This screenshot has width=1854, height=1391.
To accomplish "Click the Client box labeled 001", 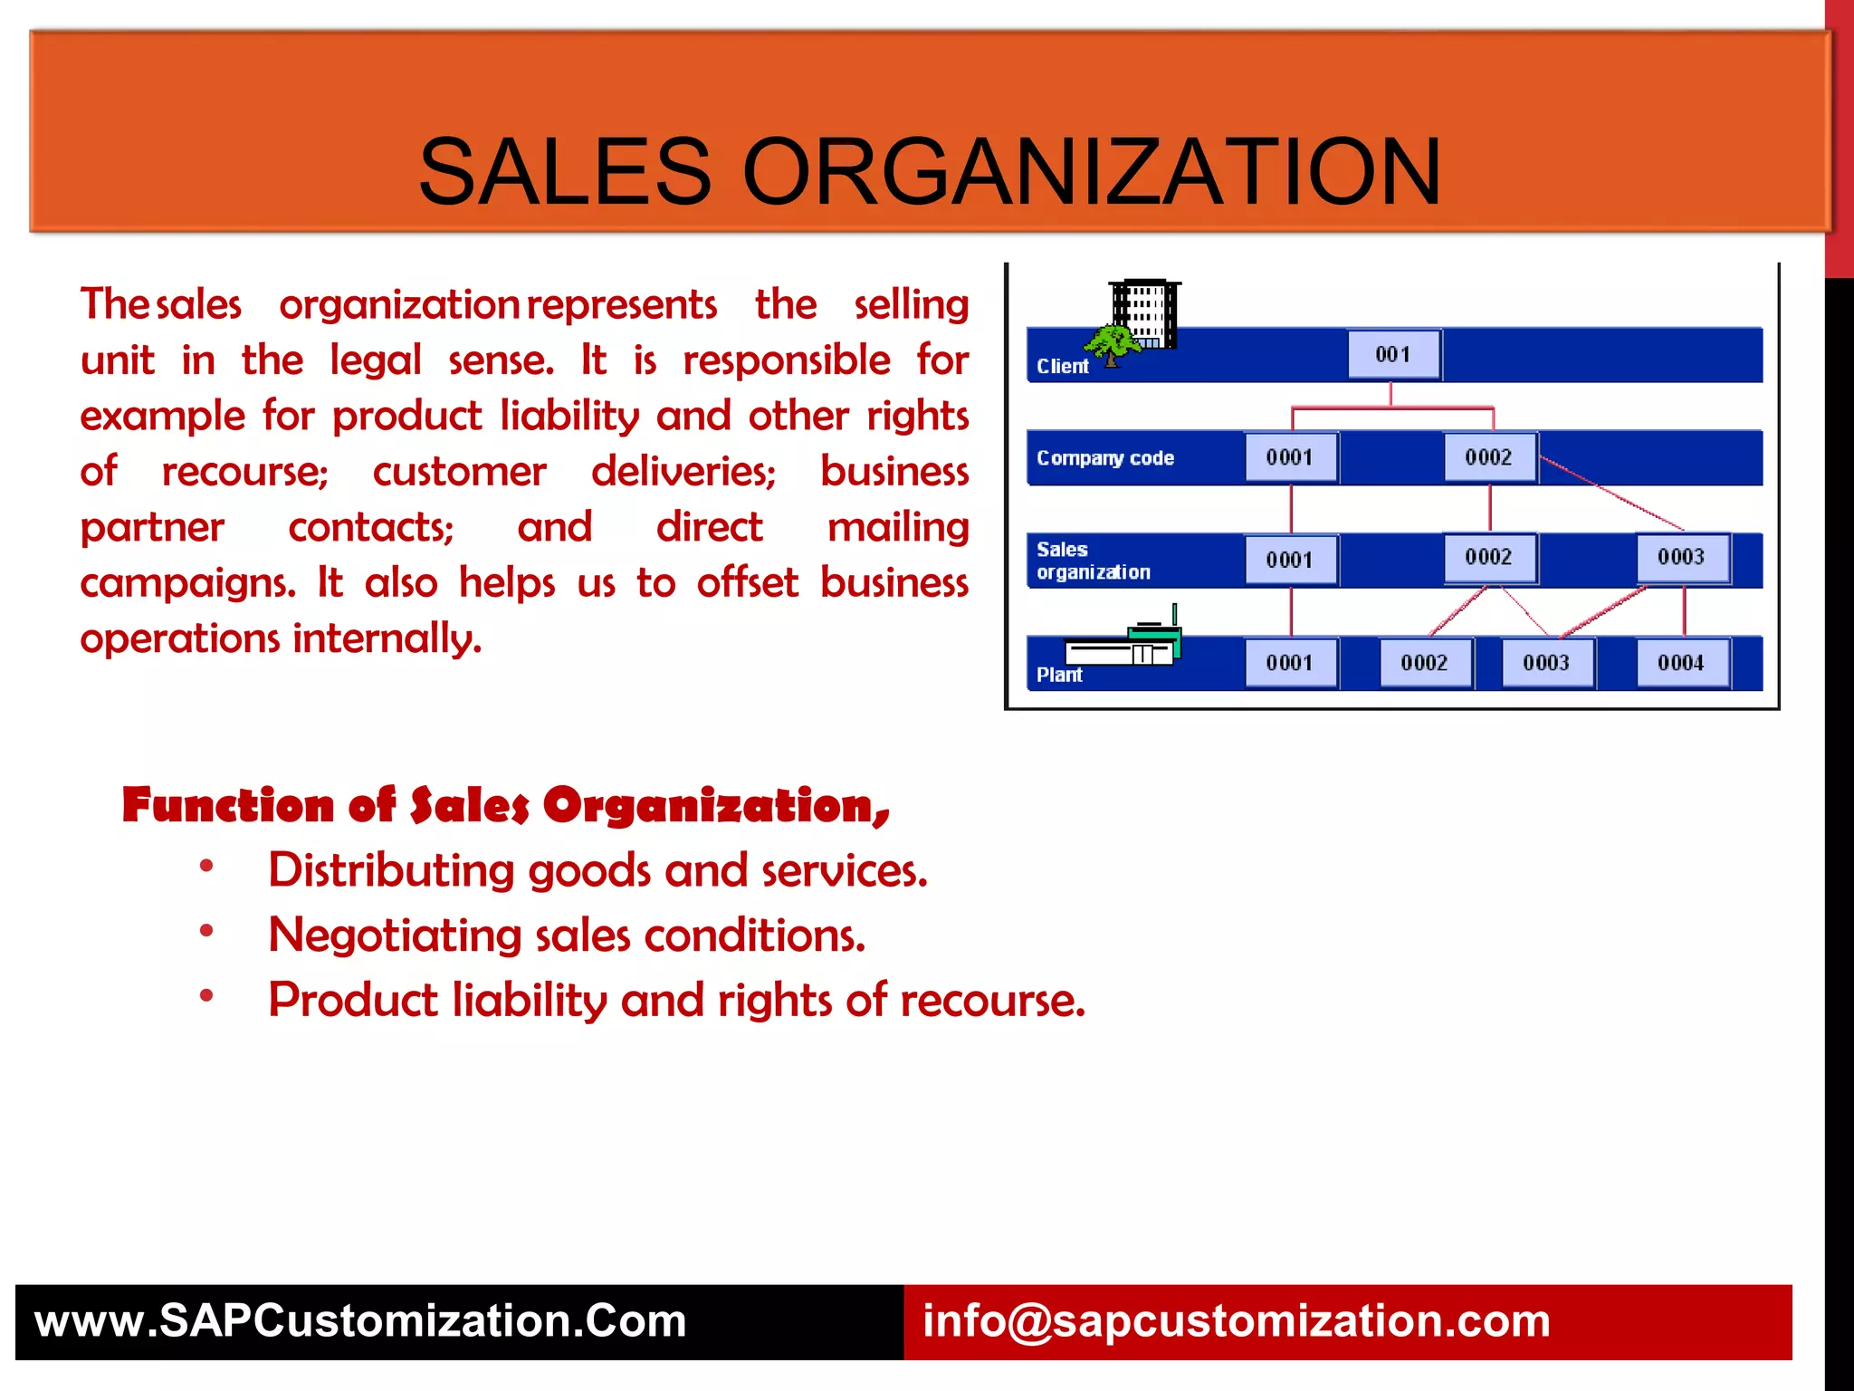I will pyautogui.click(x=1392, y=354).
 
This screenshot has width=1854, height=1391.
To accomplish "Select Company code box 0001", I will pyautogui.click(x=1290, y=457).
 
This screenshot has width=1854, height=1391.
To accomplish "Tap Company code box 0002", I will pyautogui.click(x=1488, y=457).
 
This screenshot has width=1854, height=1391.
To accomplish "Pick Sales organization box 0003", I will pyautogui.click(x=1681, y=557).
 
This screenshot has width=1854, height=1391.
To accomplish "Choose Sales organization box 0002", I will pyautogui.click(x=1488, y=557).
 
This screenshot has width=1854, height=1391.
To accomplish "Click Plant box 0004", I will pyautogui.click(x=1681, y=663).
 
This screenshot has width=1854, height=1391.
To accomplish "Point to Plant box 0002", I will pyautogui.click(x=1424, y=663).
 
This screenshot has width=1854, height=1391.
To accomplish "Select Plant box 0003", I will pyautogui.click(x=1546, y=663).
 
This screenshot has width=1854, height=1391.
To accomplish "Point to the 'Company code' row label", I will pyautogui.click(x=1105, y=458).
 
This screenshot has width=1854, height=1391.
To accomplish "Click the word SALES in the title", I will pyautogui.click(x=565, y=172).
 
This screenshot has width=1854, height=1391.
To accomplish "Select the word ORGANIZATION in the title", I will pyautogui.click(x=1091, y=172).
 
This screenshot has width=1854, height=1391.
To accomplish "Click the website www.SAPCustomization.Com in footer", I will pyautogui.click(x=360, y=1321).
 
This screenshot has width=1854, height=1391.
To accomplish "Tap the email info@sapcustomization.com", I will pyautogui.click(x=1236, y=1321).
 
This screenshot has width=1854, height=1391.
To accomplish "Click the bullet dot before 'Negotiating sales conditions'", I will pyautogui.click(x=207, y=931).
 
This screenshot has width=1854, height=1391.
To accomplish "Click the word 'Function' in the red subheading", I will pyautogui.click(x=228, y=805).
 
